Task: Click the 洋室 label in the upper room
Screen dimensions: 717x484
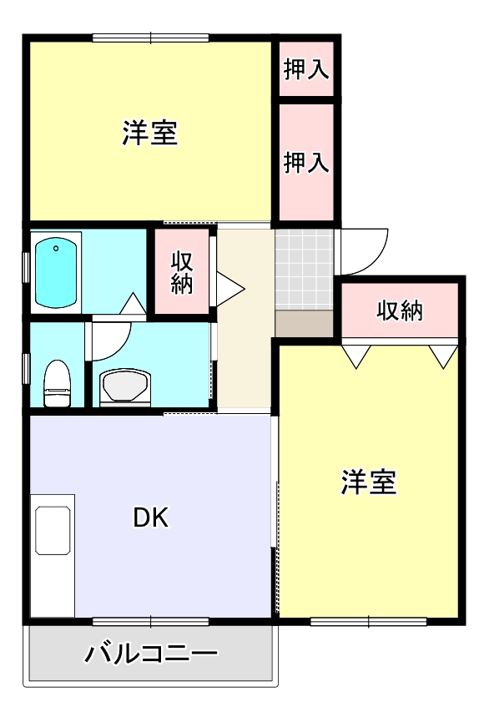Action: (x=150, y=134)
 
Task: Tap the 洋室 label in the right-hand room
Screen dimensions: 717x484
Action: (x=368, y=482)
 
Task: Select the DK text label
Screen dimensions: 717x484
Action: (x=151, y=518)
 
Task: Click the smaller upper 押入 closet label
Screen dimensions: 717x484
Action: (x=306, y=69)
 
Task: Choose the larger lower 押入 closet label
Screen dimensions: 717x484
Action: (x=306, y=162)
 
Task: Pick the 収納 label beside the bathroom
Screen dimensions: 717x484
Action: (x=182, y=272)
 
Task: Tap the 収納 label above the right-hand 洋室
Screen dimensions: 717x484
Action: (x=400, y=311)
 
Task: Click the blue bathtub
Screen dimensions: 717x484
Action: (x=57, y=273)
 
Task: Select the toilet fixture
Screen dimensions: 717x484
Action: (x=57, y=382)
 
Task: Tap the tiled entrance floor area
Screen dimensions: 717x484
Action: (x=305, y=268)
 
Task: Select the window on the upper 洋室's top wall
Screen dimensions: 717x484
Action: (x=150, y=37)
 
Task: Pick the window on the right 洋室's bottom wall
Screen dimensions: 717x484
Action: (x=368, y=621)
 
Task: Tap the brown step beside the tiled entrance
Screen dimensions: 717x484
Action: (x=305, y=322)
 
